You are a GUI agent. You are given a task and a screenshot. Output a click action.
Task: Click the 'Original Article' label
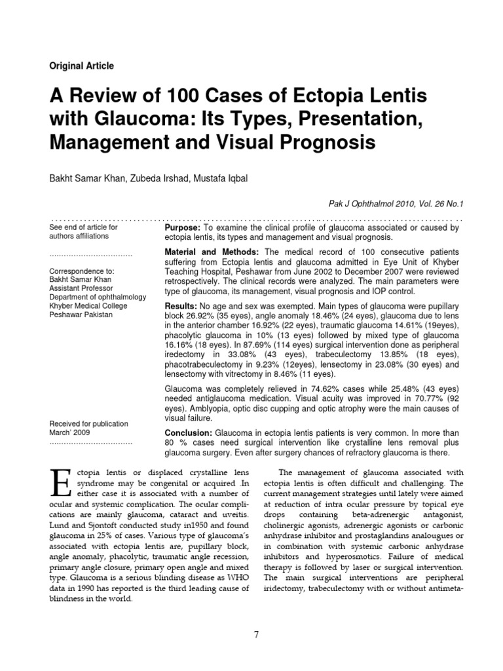[x=82, y=66]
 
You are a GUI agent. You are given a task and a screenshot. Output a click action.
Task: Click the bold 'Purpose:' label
[x=179, y=227]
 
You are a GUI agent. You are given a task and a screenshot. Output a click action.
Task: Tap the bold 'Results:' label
[x=178, y=307]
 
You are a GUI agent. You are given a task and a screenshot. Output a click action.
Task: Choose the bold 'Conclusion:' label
[x=187, y=433]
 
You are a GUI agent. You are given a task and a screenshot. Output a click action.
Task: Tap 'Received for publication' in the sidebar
[x=89, y=424]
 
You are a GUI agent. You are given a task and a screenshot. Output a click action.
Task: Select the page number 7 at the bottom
[x=257, y=635]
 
